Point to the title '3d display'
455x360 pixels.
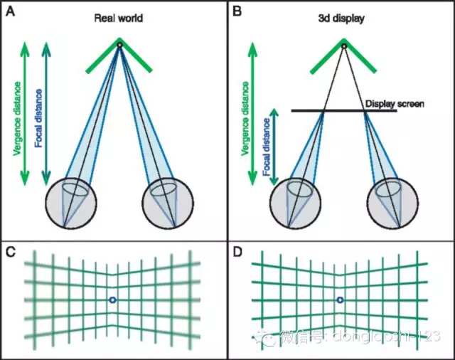coord(344,18)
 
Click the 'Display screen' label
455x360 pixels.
coord(395,104)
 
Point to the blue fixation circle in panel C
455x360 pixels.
coord(113,301)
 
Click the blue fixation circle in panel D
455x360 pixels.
coord(340,301)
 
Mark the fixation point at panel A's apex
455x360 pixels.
coord(119,46)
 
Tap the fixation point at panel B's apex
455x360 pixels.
coord(343,46)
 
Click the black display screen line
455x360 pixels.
coord(334,110)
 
